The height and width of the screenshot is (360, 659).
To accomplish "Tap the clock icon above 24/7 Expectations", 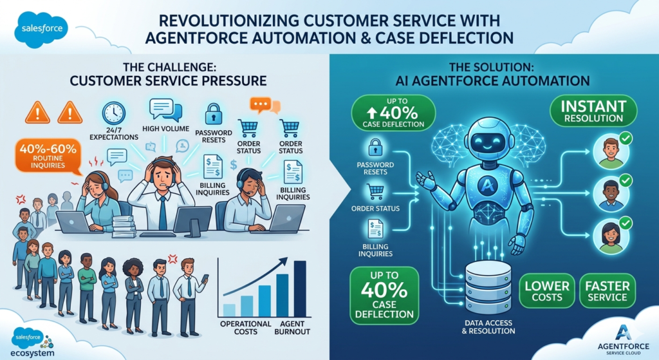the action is pos(113,113).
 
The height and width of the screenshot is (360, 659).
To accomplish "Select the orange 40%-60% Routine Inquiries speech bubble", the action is pos(48,156).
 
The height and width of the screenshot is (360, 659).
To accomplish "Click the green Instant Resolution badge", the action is pos(593,110).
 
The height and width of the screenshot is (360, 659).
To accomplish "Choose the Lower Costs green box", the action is pos(547,291).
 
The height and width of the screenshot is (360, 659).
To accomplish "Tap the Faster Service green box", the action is pos(608,291).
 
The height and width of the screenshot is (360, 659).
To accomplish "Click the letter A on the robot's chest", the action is pos(488,185).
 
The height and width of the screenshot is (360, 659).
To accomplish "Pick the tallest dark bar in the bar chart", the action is pos(300,289).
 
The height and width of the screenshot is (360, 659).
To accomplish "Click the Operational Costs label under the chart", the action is pos(246,328).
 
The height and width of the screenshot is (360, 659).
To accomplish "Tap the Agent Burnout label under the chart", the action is pos(292,328).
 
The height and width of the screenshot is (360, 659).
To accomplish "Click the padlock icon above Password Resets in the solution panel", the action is pos(375,148).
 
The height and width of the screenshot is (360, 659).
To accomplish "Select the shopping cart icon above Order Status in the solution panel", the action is pos(375,192).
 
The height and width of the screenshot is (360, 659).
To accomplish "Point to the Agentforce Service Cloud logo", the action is pos(623,339).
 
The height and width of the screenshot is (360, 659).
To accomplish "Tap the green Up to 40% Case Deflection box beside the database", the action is pos(384,295).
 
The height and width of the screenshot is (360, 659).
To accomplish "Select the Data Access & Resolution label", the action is pos(488,327).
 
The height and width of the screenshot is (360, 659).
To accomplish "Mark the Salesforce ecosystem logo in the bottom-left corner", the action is pos(32,343).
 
